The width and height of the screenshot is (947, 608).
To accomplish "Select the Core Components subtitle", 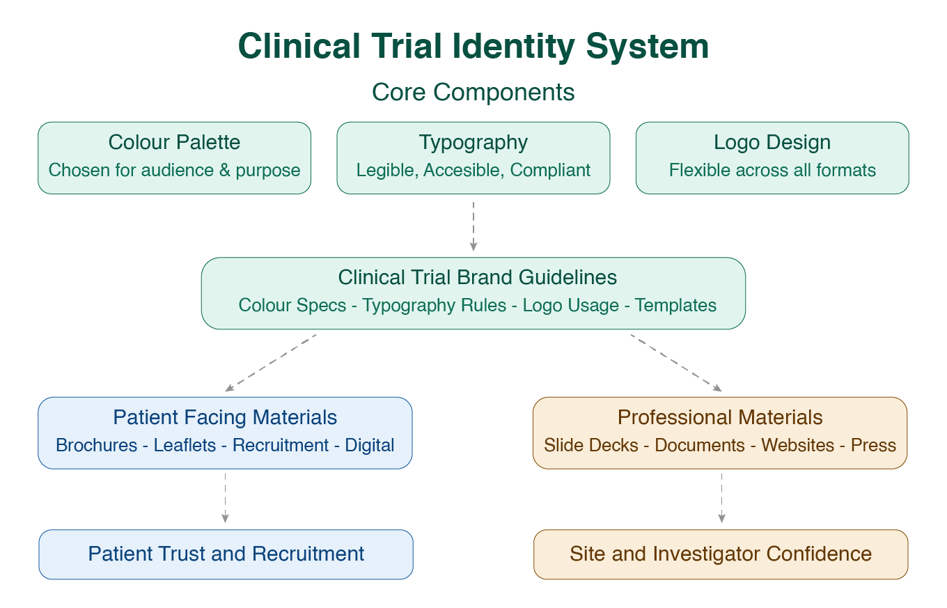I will tap(473, 92).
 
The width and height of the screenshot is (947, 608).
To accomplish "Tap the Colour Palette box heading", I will tap(174, 142).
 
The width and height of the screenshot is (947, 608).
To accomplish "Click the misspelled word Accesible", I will tap(464, 170).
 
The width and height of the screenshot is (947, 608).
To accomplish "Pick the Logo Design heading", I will tap(772, 142).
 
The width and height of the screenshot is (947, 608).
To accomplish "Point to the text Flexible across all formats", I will tap(772, 170).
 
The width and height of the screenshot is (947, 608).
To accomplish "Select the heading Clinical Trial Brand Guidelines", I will tap(478, 277).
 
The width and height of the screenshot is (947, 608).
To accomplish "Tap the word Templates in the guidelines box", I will tap(675, 305).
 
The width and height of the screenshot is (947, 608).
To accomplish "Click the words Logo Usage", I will tap(570, 305).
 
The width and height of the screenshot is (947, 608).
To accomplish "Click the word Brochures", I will tap(96, 445).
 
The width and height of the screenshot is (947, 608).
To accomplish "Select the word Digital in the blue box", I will tap(370, 445).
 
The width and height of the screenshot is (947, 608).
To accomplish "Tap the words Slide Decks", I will tap(590, 445).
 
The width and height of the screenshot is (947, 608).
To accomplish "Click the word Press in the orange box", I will tap(873, 445).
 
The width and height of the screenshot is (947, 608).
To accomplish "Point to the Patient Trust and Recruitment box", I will tap(226, 554).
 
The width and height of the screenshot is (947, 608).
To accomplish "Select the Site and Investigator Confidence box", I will tap(721, 554).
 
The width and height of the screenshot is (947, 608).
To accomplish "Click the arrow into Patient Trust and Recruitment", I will tap(225, 498).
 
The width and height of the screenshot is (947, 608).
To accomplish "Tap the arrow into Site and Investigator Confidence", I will tap(721, 498).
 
